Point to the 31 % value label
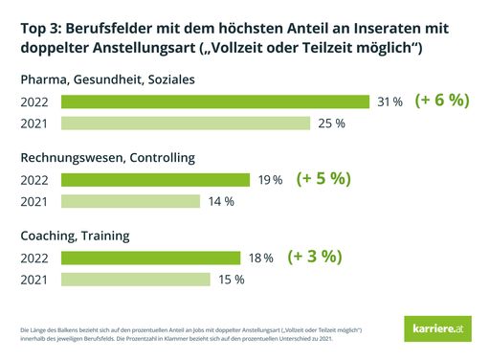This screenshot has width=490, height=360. [390, 101]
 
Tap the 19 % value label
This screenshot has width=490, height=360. [271, 180]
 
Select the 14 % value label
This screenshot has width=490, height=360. [221, 201]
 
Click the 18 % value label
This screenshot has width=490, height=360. [261, 258]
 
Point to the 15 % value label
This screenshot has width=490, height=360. [231, 280]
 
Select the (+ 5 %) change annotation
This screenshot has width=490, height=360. [323, 178]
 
